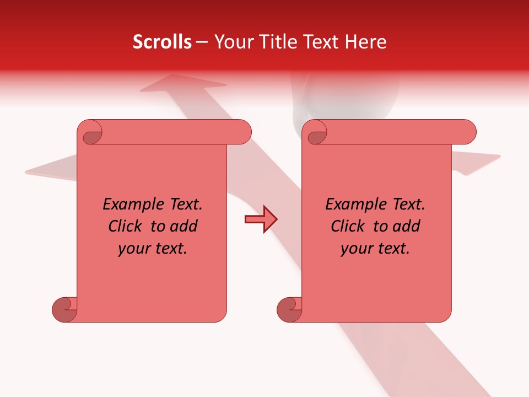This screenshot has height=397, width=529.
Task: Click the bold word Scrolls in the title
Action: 162,42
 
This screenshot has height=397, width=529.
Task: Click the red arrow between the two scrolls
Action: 261,219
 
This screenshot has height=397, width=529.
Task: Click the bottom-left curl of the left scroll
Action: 64,309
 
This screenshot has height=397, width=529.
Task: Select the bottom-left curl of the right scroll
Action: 289,309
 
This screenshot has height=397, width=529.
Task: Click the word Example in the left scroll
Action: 129,205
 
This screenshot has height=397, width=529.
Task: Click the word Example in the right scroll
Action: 352,205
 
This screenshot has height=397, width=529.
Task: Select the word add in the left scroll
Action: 185,226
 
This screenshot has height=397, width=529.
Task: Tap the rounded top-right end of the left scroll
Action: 242,132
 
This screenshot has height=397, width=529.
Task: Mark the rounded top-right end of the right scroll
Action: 467,132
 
